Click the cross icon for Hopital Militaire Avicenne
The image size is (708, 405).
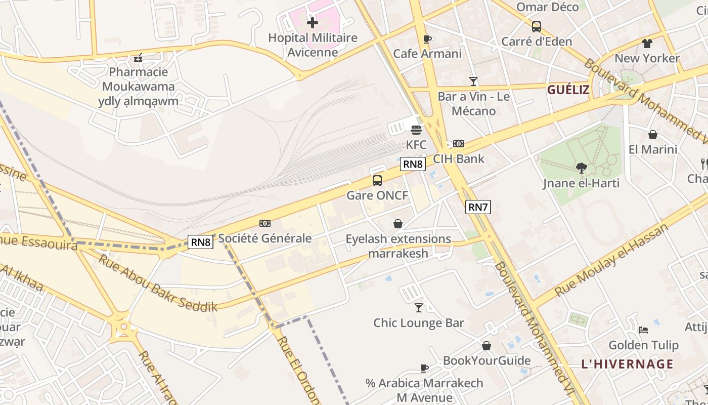313,22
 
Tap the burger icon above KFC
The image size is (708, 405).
416,130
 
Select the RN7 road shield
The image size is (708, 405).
478,207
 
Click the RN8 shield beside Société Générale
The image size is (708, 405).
201,242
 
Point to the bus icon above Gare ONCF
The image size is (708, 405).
377,180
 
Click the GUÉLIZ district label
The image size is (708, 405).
568,90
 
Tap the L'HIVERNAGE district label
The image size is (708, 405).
627,364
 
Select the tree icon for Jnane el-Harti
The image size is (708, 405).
582,168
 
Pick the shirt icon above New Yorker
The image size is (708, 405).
647,43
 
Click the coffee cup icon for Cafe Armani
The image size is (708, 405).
427,39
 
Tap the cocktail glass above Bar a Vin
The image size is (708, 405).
473,81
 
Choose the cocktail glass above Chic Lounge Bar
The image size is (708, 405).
419,307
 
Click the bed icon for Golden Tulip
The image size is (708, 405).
643,330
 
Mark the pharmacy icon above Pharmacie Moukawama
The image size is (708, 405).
138,58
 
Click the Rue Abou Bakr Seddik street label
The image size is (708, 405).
158,283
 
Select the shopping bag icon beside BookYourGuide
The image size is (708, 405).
486,346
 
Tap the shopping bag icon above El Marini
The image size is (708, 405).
653,135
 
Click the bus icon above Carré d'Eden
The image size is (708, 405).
537,26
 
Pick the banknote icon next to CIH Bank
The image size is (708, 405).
459,144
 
